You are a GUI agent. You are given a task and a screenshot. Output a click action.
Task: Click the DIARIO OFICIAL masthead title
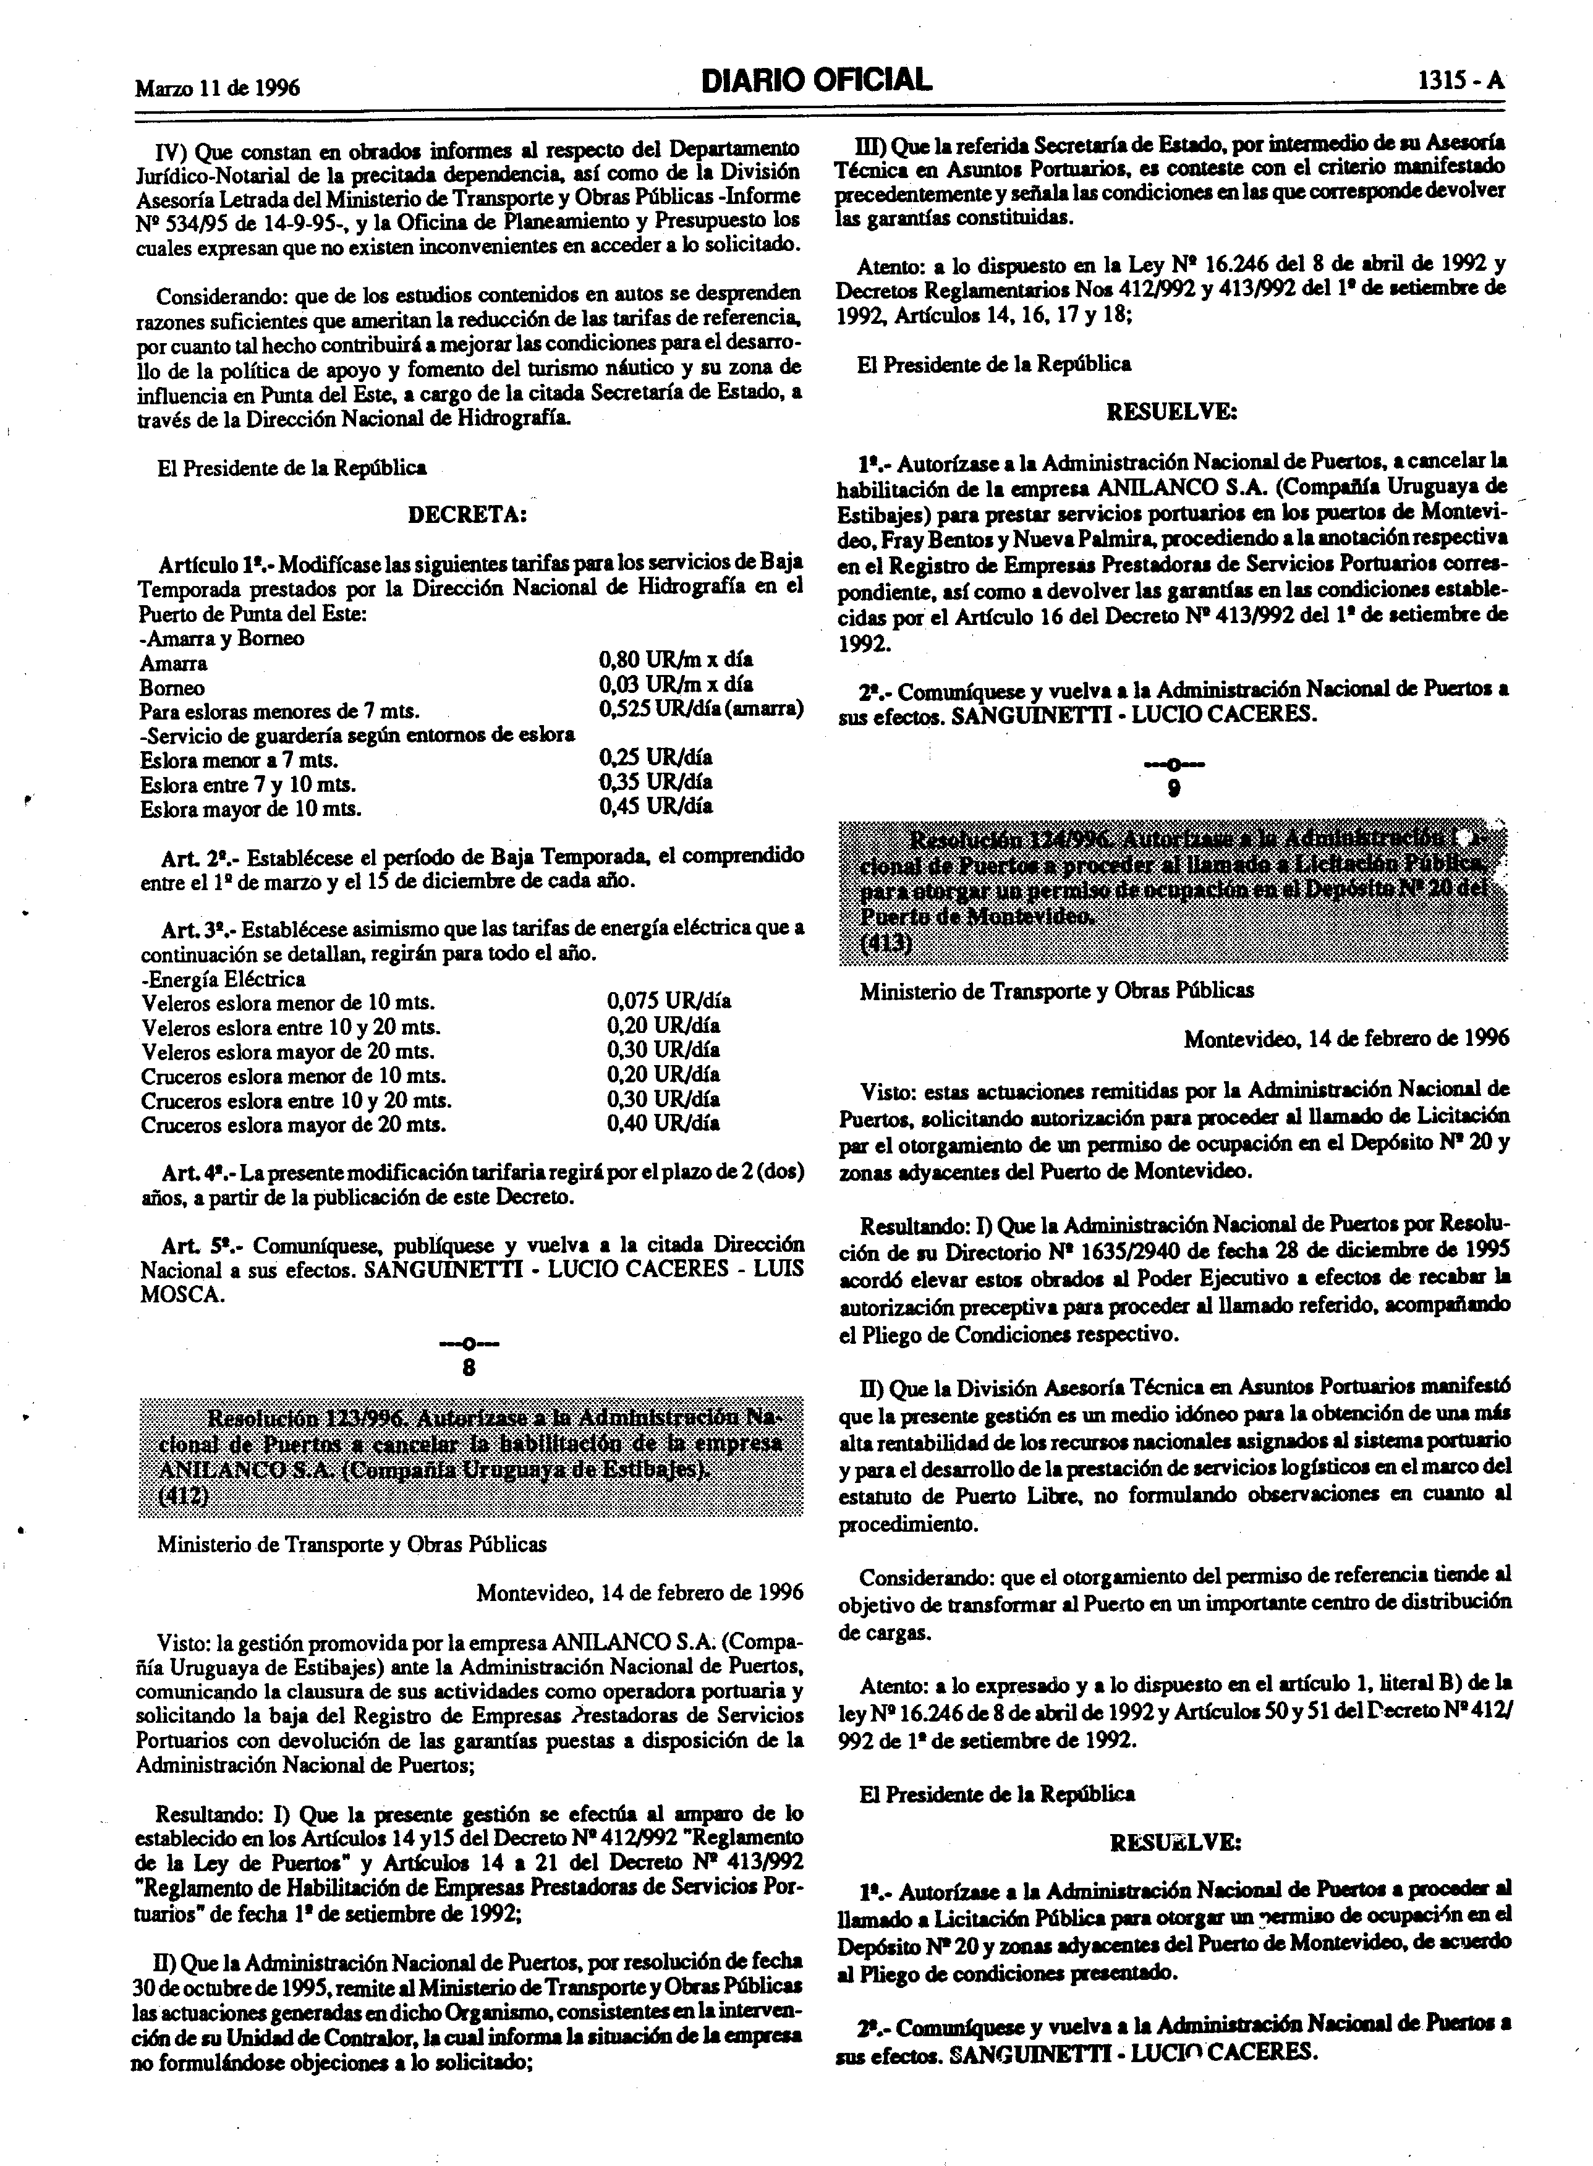817,81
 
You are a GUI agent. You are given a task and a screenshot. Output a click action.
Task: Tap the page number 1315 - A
1460,83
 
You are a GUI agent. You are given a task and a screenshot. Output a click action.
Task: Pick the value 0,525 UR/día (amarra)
701,710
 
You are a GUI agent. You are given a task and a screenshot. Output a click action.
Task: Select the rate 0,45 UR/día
656,806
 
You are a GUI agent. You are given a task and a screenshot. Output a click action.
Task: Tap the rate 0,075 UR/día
668,1001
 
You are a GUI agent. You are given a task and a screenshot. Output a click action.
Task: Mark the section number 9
1173,789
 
